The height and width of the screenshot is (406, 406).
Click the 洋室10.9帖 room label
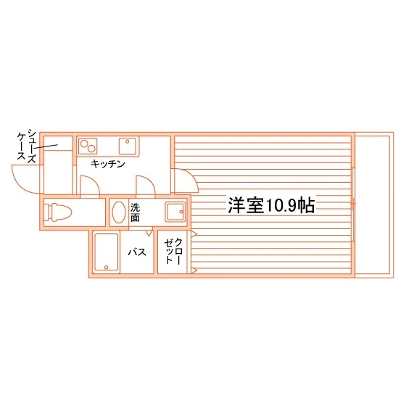271,205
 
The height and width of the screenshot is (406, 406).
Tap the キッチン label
108,164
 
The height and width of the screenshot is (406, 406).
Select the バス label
137,252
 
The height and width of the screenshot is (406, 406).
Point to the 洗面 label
135,212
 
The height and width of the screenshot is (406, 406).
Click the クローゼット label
173,251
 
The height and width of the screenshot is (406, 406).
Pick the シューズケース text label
27,146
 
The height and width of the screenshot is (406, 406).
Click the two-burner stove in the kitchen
88,146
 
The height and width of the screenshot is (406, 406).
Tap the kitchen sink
128,146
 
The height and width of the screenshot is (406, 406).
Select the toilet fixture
57,212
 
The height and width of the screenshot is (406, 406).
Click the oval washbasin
119,212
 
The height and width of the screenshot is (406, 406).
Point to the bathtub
106,252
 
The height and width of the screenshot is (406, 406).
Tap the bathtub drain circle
106,268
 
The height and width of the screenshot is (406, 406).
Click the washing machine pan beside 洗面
175,212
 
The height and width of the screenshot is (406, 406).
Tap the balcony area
374,205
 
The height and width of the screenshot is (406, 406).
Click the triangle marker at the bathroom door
149,233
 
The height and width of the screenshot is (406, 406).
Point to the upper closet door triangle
194,234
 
